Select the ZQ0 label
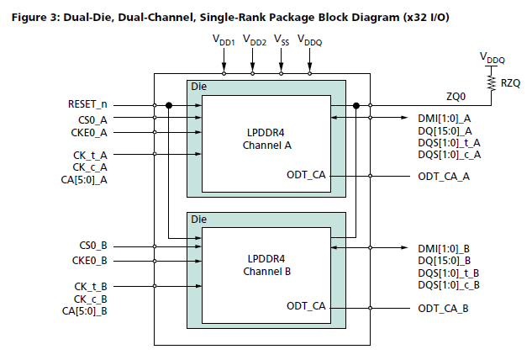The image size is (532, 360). coord(453,95)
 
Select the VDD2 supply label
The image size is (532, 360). coord(254,40)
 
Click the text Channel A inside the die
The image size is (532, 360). coord(266,144)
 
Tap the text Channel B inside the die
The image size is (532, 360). coord(266,273)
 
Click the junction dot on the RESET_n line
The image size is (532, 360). coord(169,105)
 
